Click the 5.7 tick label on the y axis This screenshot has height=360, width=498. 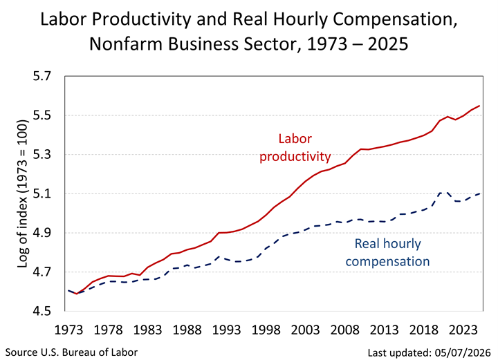[x=42, y=77]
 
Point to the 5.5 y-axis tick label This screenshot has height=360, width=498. [x=42, y=115]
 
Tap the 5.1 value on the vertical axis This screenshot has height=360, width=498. [x=42, y=193]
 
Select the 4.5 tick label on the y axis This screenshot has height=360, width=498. [x=42, y=311]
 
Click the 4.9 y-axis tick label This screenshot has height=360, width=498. [x=42, y=233]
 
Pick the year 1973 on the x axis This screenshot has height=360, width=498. [x=69, y=330]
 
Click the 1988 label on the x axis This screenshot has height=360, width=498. [x=187, y=330]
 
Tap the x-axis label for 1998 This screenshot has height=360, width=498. [x=266, y=330]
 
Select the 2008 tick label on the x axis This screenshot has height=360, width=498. [x=345, y=330]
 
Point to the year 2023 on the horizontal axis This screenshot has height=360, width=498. [x=463, y=330]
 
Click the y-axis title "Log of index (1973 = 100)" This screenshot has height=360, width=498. [x=23, y=193]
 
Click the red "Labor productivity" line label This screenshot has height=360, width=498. [x=295, y=147]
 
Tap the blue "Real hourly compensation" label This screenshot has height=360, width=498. [x=387, y=252]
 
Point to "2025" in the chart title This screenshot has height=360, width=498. [x=388, y=44]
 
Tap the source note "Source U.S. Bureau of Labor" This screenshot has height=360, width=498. [x=71, y=352]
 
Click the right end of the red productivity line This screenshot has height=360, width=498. [x=479, y=106]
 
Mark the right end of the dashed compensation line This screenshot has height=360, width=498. [x=479, y=193]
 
